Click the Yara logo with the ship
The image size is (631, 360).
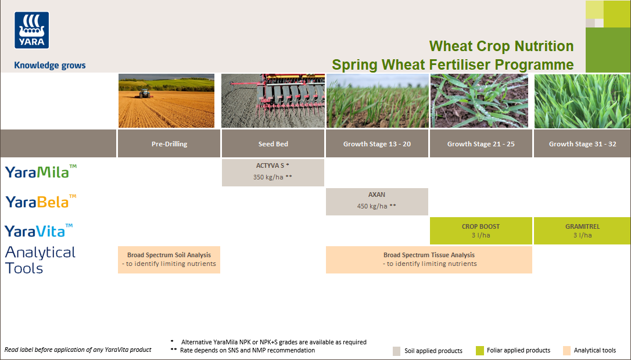pos(31,30)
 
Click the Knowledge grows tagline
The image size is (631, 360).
pos(50,66)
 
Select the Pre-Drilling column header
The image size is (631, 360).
pos(169,143)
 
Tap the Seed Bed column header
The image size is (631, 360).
pos(273,143)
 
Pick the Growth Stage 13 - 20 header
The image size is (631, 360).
pos(377,143)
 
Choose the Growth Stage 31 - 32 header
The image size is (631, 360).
pos(582,143)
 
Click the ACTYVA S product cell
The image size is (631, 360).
pos(273,172)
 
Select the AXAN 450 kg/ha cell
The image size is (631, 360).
pos(377,201)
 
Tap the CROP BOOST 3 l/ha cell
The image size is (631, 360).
pos(481,231)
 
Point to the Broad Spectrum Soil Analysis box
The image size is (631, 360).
pos(169,259)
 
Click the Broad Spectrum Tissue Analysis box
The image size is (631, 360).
pos(429,259)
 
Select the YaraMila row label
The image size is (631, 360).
pos(41,171)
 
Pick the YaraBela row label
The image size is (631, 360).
pos(41,201)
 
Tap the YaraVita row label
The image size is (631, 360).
pos(39,231)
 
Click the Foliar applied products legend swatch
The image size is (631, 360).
pos(480,351)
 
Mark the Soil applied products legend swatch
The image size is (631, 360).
pos(397,351)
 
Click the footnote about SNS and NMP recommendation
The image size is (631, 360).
pos(248,350)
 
